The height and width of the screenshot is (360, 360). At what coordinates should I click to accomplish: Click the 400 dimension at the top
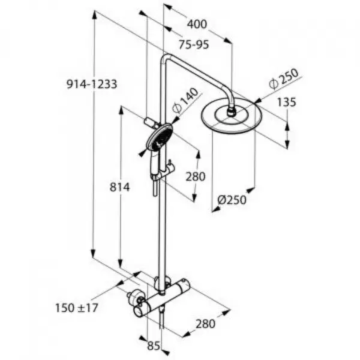[x=197, y=25]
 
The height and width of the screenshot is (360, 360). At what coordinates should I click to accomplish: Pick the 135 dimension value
[x=287, y=102]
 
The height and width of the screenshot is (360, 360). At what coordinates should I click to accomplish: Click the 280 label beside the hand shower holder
[x=196, y=176]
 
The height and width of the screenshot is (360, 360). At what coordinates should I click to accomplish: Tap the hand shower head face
[x=159, y=137]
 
